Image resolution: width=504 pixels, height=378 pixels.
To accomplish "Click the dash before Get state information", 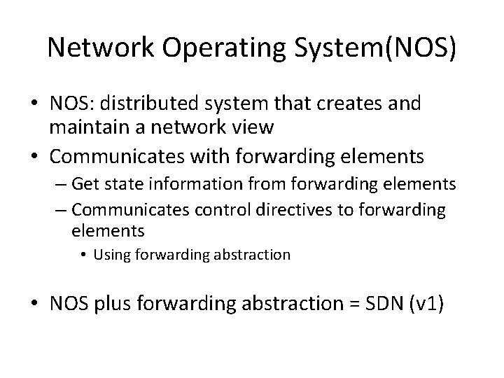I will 77,185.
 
